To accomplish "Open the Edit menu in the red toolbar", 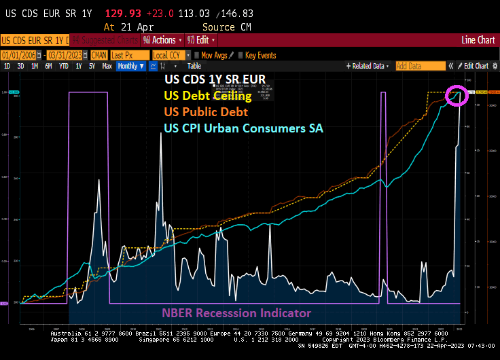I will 200,40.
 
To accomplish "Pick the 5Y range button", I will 91,66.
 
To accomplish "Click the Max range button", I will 107,66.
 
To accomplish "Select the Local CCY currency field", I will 170,55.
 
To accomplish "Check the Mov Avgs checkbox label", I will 214,55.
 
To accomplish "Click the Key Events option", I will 260,55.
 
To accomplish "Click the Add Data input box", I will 420,66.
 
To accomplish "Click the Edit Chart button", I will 476,66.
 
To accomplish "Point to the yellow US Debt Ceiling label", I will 209,96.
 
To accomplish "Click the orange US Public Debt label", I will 207,111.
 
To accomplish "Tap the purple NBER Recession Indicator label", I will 236,313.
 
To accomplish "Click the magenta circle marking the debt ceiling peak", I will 457,96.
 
